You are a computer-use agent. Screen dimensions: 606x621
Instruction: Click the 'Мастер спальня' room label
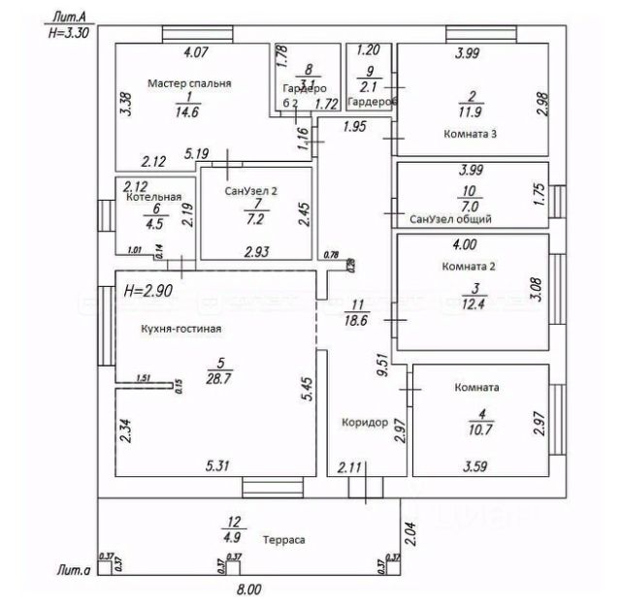189,84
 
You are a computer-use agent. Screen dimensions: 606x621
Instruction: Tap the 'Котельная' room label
154,197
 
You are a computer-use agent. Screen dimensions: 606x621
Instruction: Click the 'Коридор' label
365,424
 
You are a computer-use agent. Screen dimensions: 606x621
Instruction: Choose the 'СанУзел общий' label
450,219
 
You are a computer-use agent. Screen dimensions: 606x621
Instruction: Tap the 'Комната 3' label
470,133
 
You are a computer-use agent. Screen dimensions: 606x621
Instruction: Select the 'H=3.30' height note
69,31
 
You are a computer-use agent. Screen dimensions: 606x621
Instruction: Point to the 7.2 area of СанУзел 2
256,218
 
